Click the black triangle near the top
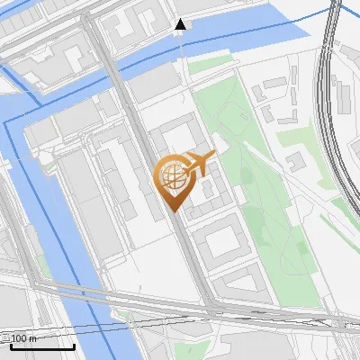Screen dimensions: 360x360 pos(181,23)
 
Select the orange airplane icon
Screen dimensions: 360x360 pos(201,163)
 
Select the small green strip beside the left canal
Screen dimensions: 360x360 pos(41,265)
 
